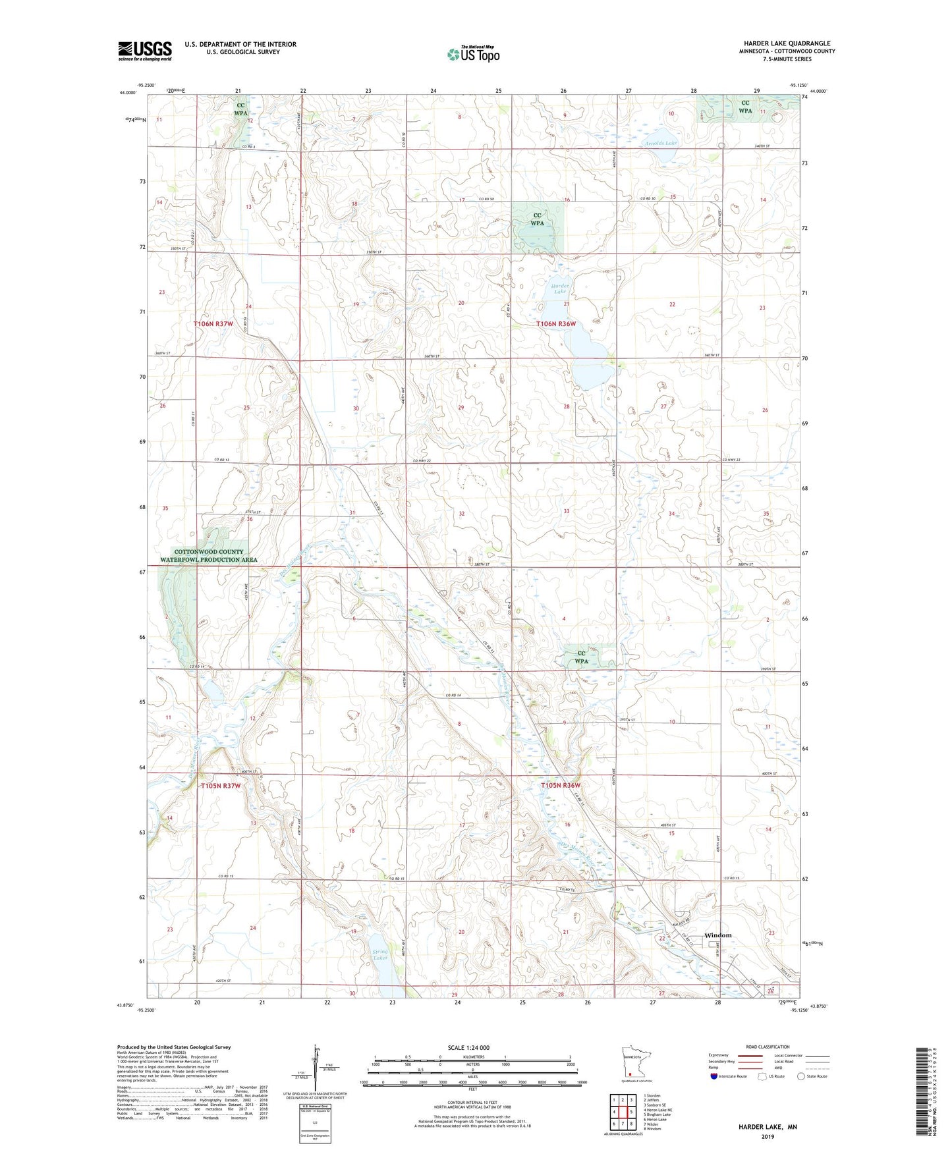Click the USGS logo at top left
[x=144, y=51]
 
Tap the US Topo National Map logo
[x=472, y=53]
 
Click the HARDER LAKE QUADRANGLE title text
[x=787, y=43]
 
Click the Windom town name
[x=717, y=935]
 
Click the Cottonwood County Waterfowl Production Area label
[x=209, y=556]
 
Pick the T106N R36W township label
[x=556, y=324]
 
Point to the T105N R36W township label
[x=561, y=785]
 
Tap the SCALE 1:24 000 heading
[x=468, y=1047]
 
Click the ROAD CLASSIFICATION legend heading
[x=768, y=1047]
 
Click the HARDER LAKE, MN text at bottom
[x=768, y=1127]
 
